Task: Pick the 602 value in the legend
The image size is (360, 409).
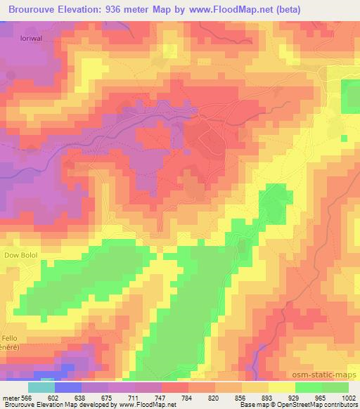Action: click(x=54, y=398)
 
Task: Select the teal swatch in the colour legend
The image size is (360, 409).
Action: click(x=41, y=387)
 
